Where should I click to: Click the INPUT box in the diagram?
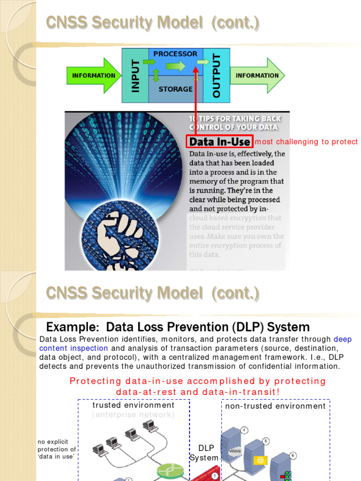pos(135,76)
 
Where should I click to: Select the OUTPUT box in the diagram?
pos(217,76)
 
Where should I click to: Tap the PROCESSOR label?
pos(175,54)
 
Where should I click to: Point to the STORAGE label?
pos(175,89)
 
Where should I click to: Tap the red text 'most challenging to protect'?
pos(306,142)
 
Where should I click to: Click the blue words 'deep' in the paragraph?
pos(343,339)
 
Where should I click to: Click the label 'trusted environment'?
pos(133,405)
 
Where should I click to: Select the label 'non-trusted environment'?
pos(275,406)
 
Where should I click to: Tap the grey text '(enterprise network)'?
pos(133,414)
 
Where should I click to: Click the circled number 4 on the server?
pos(244,430)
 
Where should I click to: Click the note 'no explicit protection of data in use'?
pos(56,450)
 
